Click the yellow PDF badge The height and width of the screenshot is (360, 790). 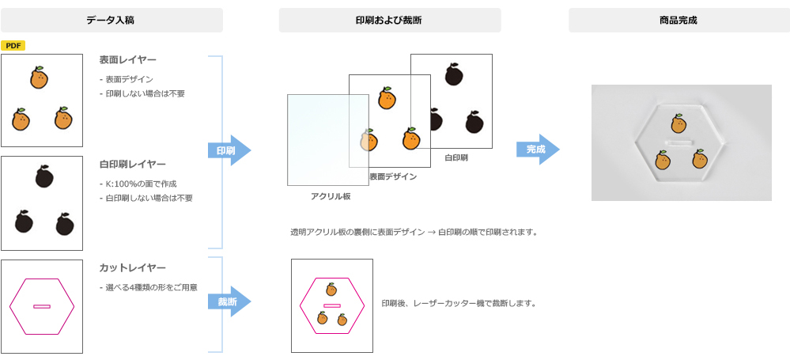pyautogui.click(x=13, y=46)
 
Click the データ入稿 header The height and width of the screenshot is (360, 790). pyautogui.click(x=112, y=20)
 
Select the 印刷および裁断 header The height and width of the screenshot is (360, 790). pyautogui.click(x=389, y=20)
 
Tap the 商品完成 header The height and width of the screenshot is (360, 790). pyautogui.click(x=678, y=20)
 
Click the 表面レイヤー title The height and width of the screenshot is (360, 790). pyautogui.click(x=127, y=60)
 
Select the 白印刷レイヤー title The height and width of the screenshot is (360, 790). pyautogui.click(x=132, y=164)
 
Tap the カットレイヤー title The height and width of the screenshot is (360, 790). pyautogui.click(x=132, y=268)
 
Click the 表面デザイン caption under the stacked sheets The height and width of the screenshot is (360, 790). pyautogui.click(x=393, y=176)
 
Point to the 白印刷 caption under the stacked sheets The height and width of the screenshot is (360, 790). pyautogui.click(x=456, y=157)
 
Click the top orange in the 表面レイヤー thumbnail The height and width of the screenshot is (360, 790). pyautogui.click(x=39, y=78)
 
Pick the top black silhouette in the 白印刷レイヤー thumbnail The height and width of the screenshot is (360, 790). pyautogui.click(x=44, y=177)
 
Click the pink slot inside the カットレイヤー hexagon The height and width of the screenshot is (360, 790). pyautogui.click(x=42, y=306)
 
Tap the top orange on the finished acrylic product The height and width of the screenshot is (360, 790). pyautogui.click(x=678, y=123)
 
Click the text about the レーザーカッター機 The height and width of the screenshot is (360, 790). pyautogui.click(x=459, y=303)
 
